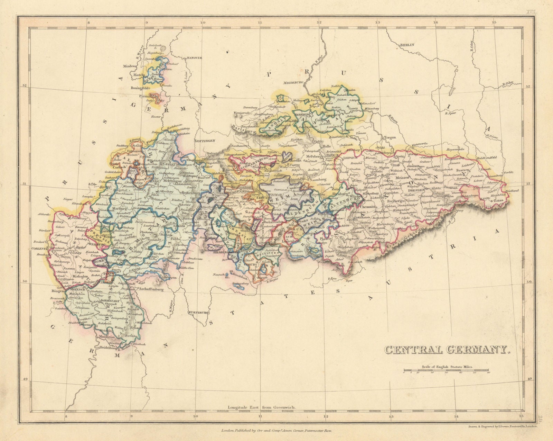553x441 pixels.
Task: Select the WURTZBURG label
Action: click(198, 313)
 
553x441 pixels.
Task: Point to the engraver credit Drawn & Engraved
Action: click(501, 418)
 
